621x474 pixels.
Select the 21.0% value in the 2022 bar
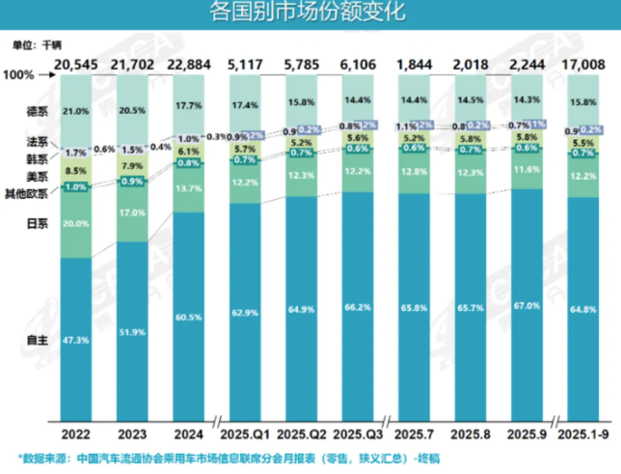click(76, 110)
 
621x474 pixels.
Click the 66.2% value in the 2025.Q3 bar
click(357, 306)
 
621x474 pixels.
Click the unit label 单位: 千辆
click(37, 44)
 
